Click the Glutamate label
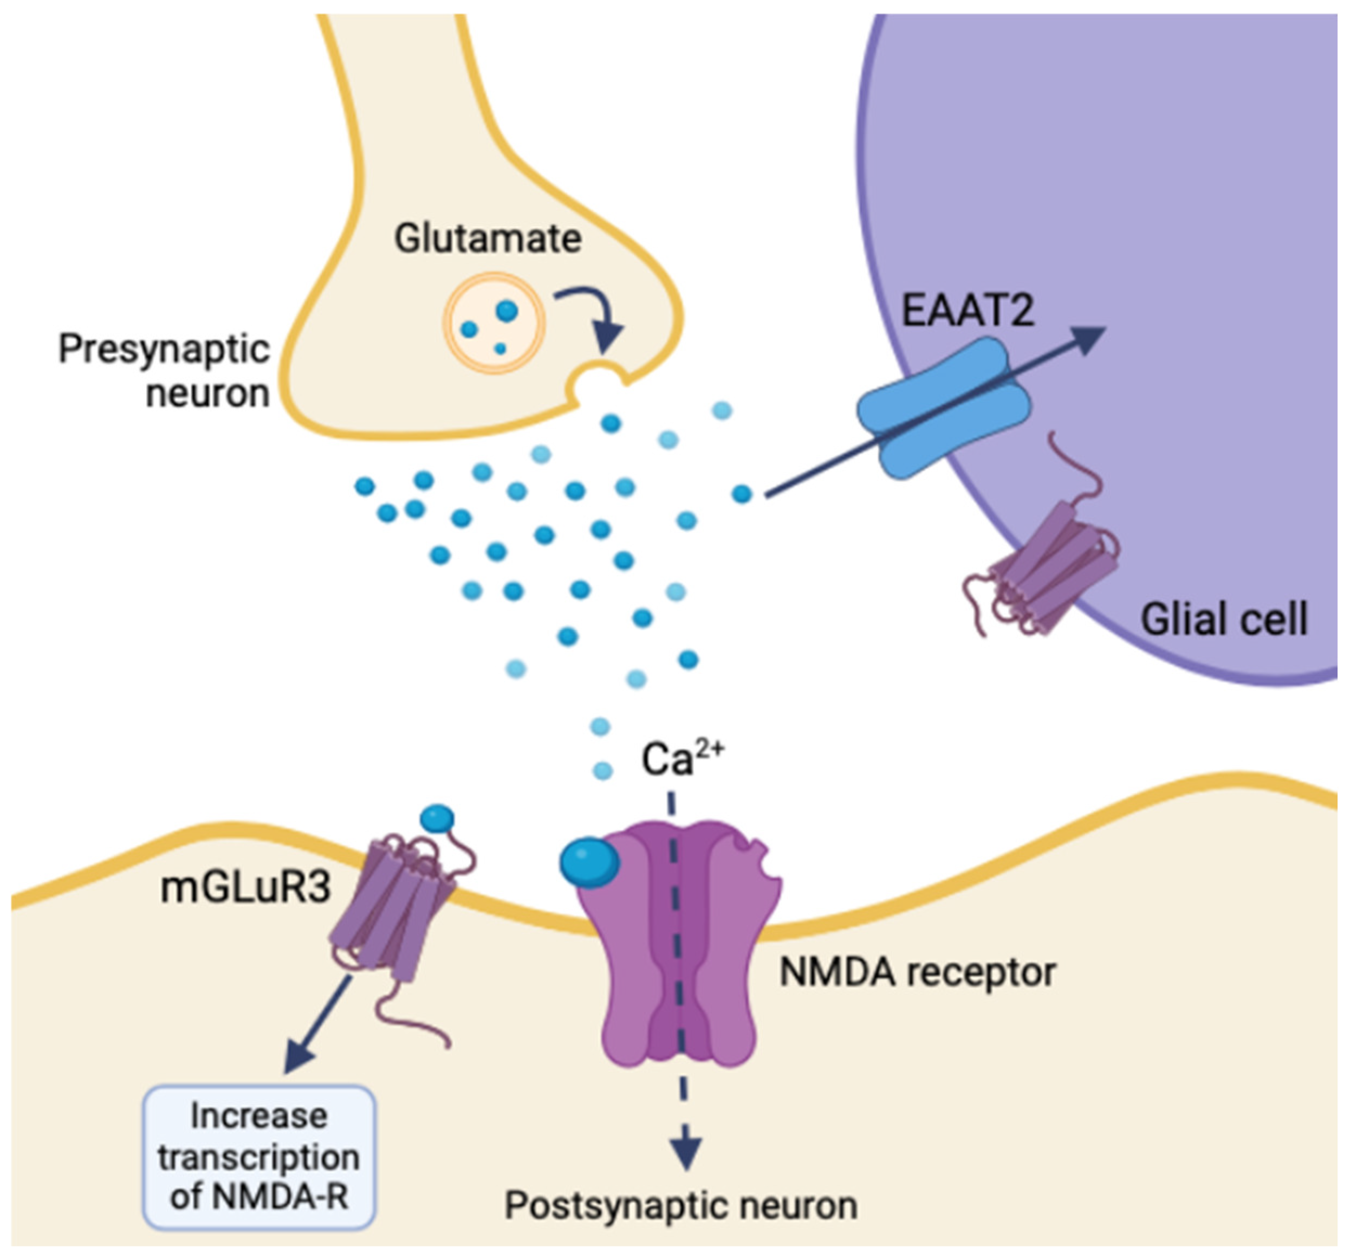tap(488, 239)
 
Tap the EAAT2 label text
tap(967, 310)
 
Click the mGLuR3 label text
tap(246, 887)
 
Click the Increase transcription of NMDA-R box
tap(259, 1157)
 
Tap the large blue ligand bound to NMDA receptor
tap(589, 863)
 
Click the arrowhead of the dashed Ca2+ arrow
tap(686, 1153)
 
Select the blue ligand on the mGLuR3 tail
tap(437, 818)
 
